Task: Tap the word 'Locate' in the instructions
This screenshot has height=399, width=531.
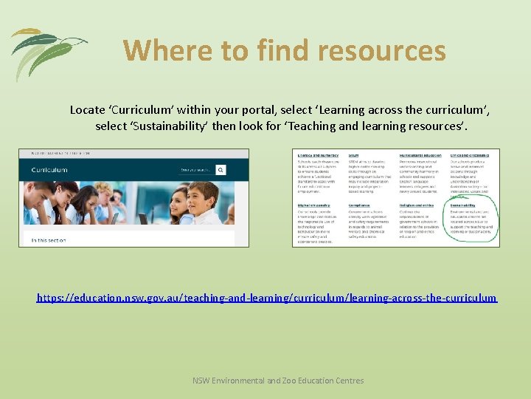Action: click(88, 109)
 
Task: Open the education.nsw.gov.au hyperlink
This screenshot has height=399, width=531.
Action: click(267, 298)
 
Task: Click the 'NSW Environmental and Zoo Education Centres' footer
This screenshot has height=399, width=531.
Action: click(278, 381)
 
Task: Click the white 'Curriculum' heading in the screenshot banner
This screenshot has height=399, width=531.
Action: click(49, 169)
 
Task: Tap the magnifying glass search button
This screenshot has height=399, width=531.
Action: click(221, 169)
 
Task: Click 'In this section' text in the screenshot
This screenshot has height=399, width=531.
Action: click(49, 240)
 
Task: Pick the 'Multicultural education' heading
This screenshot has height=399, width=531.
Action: click(421, 155)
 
